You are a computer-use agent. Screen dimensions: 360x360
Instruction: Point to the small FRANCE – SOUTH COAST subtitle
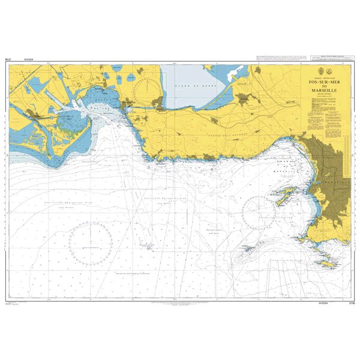tap(325, 77)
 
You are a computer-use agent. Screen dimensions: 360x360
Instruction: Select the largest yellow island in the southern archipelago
tap(328, 262)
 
